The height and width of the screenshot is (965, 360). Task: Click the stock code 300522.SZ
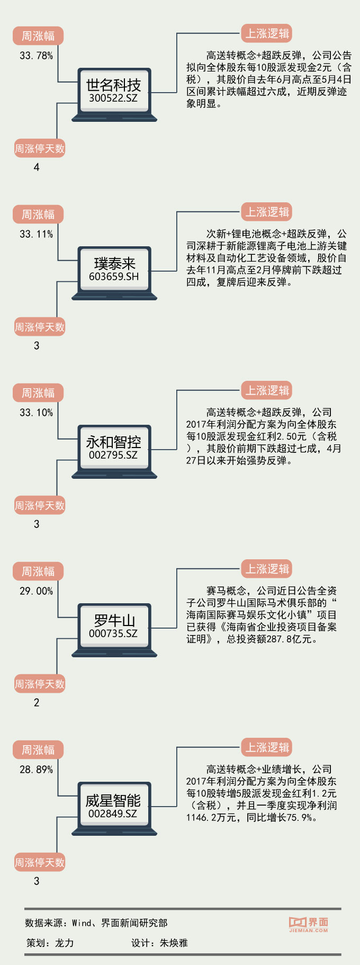click(x=113, y=98)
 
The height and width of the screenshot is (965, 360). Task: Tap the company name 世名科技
click(x=113, y=85)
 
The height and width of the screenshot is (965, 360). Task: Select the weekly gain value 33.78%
click(x=36, y=56)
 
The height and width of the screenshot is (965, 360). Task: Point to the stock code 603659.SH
click(x=113, y=276)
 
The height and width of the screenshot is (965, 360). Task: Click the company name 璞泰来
click(x=114, y=263)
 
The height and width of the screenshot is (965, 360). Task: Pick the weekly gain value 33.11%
click(x=36, y=234)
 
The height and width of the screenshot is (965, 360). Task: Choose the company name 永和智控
click(x=113, y=442)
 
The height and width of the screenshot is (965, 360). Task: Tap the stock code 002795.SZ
click(x=113, y=455)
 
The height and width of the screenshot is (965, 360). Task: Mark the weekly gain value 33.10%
click(x=36, y=413)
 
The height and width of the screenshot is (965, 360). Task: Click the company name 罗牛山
click(x=114, y=620)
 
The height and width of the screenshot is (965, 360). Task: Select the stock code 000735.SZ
click(x=113, y=633)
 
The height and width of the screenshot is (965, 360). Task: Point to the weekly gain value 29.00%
click(x=36, y=591)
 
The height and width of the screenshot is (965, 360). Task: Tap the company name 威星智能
click(x=113, y=800)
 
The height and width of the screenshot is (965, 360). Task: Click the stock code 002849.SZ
click(x=113, y=814)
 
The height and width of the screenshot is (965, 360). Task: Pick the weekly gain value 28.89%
click(x=36, y=770)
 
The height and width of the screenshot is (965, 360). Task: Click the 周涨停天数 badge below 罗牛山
click(x=39, y=684)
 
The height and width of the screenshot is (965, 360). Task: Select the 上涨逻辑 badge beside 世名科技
click(x=267, y=34)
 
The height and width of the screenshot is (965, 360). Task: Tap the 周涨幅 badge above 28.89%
click(x=38, y=750)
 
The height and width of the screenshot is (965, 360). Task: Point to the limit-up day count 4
click(x=37, y=167)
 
